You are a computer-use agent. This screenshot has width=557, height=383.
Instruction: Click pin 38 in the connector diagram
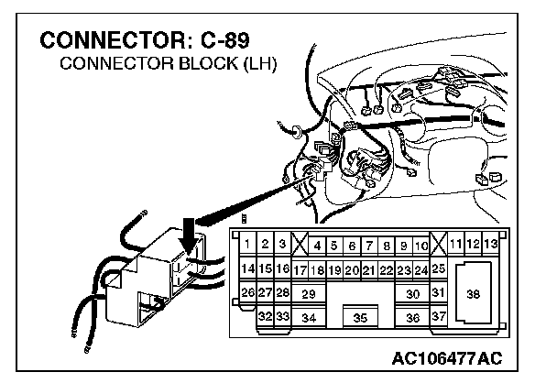tap(472, 294)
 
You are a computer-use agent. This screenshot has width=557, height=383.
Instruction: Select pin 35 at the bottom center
tap(360, 317)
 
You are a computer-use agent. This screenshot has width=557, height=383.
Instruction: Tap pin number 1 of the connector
tap(247, 245)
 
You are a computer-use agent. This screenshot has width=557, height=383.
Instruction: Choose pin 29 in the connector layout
tap(309, 293)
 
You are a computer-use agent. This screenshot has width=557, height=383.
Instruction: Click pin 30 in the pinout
tap(412, 293)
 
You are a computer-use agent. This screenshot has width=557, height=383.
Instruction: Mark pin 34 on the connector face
tap(309, 317)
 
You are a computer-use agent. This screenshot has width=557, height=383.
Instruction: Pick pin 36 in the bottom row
tap(412, 317)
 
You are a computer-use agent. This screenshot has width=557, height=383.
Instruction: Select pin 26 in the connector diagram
tap(246, 292)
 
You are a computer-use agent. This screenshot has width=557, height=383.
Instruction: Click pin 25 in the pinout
tap(438, 268)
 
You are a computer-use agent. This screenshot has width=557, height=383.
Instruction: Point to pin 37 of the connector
tap(438, 316)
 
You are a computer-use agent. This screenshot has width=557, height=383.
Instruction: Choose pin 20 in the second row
tap(351, 270)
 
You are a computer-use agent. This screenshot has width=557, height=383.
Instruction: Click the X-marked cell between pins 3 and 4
tap(299, 245)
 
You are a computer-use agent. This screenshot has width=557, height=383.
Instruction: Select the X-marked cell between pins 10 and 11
tap(438, 245)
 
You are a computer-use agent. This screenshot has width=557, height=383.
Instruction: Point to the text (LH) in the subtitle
tap(259, 66)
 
